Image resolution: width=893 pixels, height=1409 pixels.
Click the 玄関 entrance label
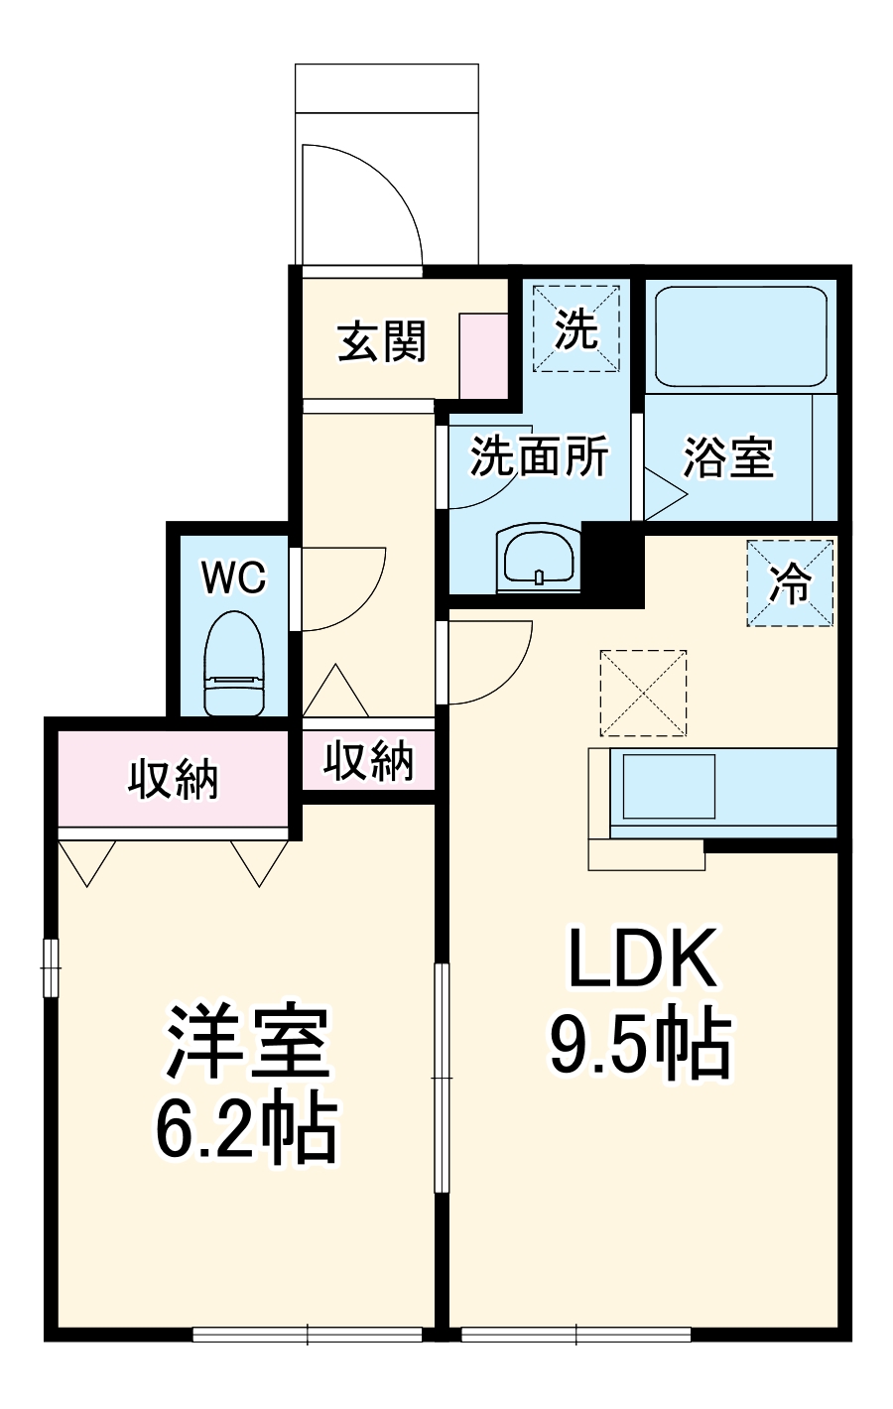(x=382, y=342)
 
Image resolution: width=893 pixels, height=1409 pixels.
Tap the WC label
(x=234, y=576)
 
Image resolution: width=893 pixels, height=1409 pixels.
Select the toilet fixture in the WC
(x=234, y=662)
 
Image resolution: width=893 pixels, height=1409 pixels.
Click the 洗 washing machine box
(x=575, y=328)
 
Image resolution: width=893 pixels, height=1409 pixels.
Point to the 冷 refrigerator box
(x=790, y=583)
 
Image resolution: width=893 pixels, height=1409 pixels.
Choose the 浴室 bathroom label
(x=729, y=457)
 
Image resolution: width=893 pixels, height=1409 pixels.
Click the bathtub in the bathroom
(x=740, y=338)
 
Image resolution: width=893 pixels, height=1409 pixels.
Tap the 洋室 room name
(x=247, y=1044)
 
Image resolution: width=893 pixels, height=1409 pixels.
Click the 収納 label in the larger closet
(x=173, y=780)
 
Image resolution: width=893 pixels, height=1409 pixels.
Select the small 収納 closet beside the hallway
(x=369, y=761)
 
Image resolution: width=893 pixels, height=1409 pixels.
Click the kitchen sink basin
(x=662, y=787)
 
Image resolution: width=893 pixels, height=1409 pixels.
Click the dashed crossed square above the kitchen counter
(x=643, y=693)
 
